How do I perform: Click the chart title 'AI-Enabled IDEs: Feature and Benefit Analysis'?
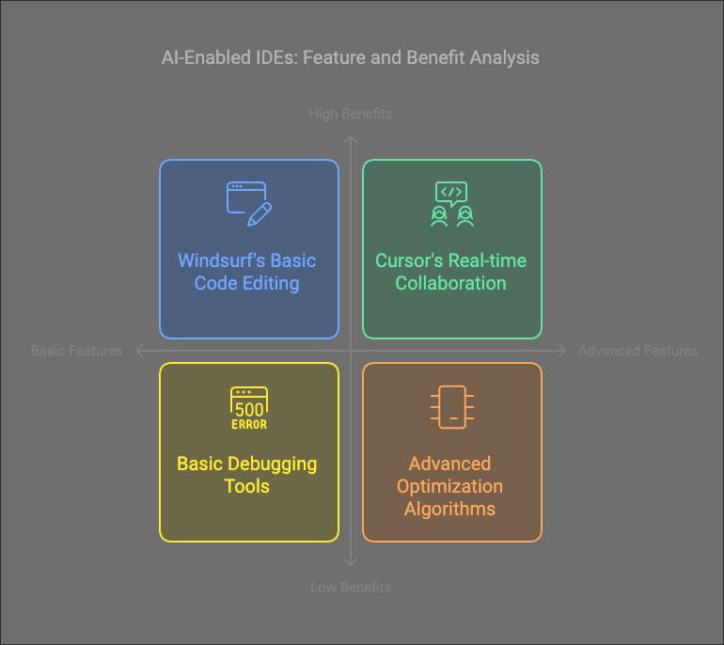tap(351, 57)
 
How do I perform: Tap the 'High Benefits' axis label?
tap(351, 114)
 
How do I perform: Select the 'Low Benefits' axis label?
tap(351, 588)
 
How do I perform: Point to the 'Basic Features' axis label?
tap(77, 351)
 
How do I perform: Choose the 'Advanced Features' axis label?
tap(638, 351)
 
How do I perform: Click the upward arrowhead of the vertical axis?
tap(351, 139)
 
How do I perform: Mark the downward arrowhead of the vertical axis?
tap(351, 562)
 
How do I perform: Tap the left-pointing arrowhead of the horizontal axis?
tap(138, 351)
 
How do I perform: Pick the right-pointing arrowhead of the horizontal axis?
tap(562, 351)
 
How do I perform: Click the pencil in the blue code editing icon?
tap(260, 214)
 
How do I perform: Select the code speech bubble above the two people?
tap(451, 194)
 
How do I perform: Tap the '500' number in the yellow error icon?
tap(249, 410)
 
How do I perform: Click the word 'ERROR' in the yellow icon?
tap(249, 424)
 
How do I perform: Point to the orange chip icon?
tap(452, 407)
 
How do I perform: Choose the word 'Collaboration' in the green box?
tap(450, 283)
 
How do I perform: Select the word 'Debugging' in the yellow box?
tap(273, 464)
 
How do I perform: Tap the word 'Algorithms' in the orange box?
tap(449, 510)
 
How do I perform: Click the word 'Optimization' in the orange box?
tap(449, 487)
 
